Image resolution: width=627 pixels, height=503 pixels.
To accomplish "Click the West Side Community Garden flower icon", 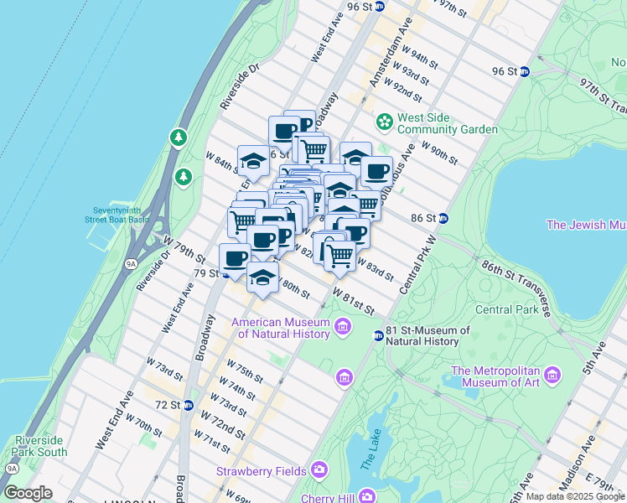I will point(385,122).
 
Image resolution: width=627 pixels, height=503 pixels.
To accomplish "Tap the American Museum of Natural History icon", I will point(343,326).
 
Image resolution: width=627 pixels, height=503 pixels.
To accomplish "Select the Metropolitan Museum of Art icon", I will point(551,374).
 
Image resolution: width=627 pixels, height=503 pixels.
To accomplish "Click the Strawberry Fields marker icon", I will point(319,470).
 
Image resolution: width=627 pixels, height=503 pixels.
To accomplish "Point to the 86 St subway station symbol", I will point(443,218).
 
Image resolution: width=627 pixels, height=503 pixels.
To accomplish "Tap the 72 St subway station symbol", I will point(189,406).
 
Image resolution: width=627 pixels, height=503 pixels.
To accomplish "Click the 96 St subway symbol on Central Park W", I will point(524,72).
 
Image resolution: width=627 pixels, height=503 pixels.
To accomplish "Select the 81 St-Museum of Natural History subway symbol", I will point(378,335).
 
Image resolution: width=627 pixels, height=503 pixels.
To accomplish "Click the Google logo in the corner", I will point(28,493).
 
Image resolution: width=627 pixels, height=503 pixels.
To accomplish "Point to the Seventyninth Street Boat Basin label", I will point(120,214).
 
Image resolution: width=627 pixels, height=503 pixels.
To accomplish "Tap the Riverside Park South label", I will point(39,446).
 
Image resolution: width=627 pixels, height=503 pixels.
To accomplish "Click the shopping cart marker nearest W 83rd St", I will point(339,255).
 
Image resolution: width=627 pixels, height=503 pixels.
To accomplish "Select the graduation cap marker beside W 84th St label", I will point(252,159).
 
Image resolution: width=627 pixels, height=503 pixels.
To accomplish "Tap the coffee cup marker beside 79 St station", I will point(236,257).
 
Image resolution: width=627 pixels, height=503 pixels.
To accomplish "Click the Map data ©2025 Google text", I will point(574,496).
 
